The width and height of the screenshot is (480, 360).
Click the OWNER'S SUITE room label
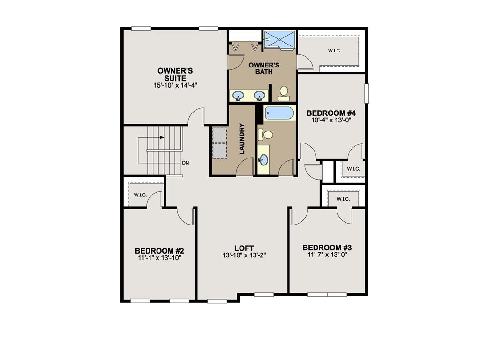(172, 75)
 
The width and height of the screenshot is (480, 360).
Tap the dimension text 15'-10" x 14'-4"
(172, 86)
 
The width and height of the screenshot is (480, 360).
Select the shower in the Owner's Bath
(279, 39)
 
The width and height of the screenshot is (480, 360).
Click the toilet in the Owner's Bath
(284, 92)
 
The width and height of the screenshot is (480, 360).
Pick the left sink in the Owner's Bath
(238, 96)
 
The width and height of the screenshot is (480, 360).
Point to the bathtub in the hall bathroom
(279, 113)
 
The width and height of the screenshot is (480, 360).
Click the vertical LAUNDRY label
(242, 139)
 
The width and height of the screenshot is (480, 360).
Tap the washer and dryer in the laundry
(219, 142)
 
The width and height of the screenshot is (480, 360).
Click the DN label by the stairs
(186, 163)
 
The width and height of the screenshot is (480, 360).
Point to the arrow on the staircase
(161, 138)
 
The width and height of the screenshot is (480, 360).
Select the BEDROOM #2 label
(158, 250)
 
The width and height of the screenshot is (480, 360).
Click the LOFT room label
(244, 248)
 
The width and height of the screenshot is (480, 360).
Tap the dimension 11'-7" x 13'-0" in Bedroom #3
(327, 255)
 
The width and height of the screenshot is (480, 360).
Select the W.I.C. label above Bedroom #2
(140, 195)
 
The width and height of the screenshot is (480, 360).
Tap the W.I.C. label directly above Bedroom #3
(343, 199)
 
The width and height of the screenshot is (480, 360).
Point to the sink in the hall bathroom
(263, 160)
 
